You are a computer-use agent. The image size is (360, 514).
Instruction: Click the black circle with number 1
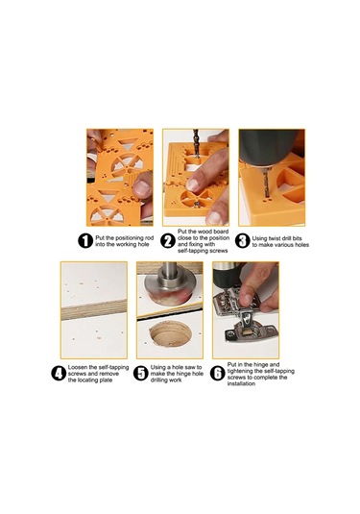pyautogui.click(x=85, y=241)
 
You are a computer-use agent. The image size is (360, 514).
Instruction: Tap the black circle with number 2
pyautogui.click(x=168, y=241)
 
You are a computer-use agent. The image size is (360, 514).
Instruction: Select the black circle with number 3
pyautogui.click(x=243, y=241)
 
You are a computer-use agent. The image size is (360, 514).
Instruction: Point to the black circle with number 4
pyautogui.click(x=59, y=374)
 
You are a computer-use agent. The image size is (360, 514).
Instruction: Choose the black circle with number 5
pyautogui.click(x=141, y=374)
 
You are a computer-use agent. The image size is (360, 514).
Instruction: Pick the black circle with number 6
pyautogui.click(x=218, y=374)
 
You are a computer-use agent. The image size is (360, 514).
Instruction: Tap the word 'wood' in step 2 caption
pyautogui.click(x=205, y=232)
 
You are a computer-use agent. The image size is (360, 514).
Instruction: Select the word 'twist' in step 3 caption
pyautogui.click(x=275, y=238)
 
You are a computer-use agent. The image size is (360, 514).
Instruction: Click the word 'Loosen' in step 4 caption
pyautogui.click(x=78, y=367)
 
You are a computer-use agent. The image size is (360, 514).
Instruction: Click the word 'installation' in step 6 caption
pyautogui.click(x=241, y=383)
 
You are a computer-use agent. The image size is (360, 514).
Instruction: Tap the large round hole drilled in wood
pyautogui.click(x=170, y=334)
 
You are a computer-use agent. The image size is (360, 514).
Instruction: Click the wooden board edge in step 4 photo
pyautogui.click(x=94, y=309)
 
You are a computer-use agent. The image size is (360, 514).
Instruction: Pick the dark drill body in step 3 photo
pyautogui.click(x=269, y=146)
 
